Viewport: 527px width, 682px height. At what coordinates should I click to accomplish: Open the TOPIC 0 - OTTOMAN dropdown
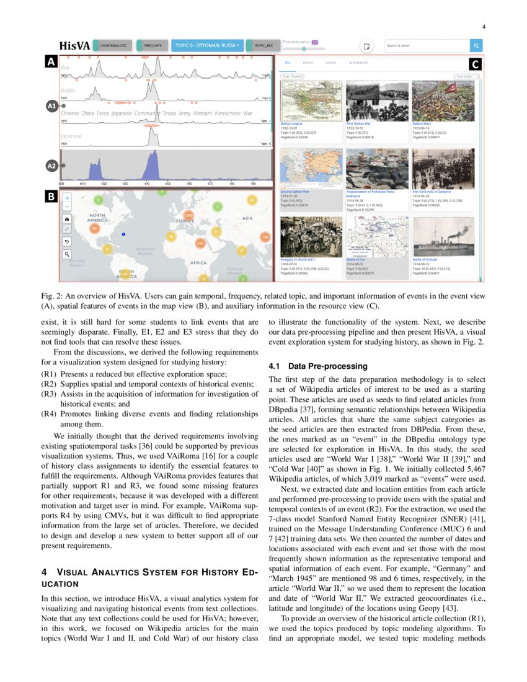206,45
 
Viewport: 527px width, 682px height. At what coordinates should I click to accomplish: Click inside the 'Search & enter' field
426,45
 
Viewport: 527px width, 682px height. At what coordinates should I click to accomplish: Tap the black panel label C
474,64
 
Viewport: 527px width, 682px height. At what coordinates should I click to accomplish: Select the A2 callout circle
52,166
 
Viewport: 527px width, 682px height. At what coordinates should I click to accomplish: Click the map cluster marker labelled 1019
188,216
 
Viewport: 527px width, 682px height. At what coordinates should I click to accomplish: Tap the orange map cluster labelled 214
200,244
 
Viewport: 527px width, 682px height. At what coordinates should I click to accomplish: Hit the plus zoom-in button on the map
67,197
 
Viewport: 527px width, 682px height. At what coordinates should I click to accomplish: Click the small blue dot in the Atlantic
124,234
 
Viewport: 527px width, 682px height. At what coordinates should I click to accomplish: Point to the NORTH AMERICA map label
97,218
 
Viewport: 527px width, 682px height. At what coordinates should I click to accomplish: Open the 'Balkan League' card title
291,123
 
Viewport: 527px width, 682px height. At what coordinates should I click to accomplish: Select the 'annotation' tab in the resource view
358,63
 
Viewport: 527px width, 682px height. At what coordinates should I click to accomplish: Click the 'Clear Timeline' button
293,76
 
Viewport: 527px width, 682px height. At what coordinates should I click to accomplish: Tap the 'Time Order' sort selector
466,76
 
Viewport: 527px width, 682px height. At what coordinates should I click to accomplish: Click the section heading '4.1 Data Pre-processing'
318,366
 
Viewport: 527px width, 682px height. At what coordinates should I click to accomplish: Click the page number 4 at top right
483,26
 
